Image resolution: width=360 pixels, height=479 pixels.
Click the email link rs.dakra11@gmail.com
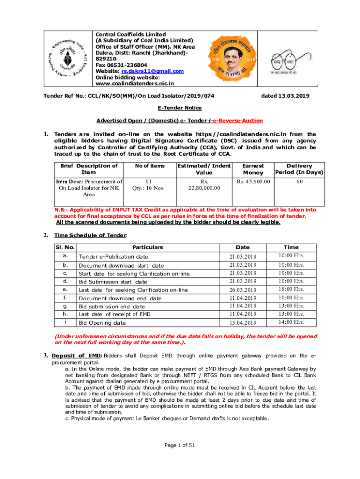coord(152,71)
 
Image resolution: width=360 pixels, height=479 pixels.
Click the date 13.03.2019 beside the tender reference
coord(285,96)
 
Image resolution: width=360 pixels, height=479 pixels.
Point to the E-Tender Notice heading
coord(180,108)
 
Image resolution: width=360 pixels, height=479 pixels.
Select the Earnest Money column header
coord(253,169)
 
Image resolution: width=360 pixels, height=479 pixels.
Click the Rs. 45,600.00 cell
coord(253,181)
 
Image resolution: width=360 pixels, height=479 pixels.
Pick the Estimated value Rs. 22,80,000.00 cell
coord(203,185)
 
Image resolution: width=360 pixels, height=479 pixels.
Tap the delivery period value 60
coord(299,181)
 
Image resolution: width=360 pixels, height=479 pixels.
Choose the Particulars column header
coord(147,247)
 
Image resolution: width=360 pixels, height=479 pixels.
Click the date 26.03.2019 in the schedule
coord(243,290)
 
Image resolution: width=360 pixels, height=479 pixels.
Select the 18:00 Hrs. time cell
coord(292,290)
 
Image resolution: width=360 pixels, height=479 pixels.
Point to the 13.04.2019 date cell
coord(243,323)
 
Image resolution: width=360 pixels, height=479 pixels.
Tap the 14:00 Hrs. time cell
coord(292,322)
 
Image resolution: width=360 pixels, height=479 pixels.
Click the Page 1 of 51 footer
coord(180,445)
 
